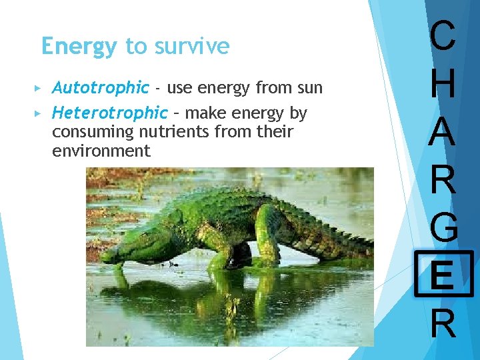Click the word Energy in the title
click(78, 47)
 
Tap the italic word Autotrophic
click(100, 87)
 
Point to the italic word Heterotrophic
click(110, 113)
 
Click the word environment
click(101, 151)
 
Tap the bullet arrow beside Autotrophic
click(37, 88)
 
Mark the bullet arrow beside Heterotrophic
click(37, 113)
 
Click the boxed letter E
click(443, 274)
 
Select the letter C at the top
click(443, 37)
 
